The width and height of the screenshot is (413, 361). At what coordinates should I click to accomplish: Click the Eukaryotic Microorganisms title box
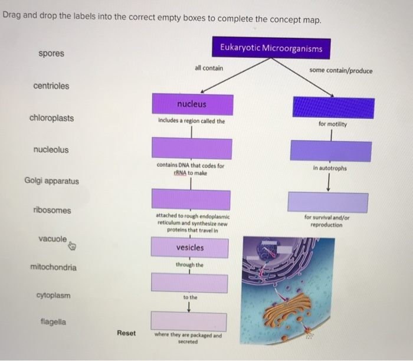[271, 48]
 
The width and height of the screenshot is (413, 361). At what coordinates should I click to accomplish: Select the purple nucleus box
[192, 104]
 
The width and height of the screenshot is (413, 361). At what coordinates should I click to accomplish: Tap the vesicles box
[189, 248]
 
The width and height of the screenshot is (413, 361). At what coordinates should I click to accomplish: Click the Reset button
[126, 333]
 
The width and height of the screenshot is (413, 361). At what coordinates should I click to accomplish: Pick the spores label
[51, 54]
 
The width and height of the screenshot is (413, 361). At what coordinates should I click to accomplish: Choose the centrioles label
[51, 86]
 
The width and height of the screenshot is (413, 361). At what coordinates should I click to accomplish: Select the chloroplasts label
[52, 118]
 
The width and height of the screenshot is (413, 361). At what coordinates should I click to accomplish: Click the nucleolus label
[51, 150]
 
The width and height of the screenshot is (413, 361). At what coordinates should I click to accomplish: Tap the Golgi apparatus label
[51, 181]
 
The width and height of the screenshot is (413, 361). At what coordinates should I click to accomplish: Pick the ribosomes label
[52, 211]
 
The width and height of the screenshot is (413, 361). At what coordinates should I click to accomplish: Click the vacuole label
[52, 239]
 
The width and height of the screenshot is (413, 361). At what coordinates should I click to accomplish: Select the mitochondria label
[53, 268]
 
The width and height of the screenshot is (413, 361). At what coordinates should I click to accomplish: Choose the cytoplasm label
[53, 295]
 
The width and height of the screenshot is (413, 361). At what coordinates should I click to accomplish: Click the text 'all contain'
[209, 68]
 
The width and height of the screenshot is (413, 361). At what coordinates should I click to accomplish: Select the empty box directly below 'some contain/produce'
[333, 108]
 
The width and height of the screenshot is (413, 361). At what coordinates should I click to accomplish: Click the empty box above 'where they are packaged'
[189, 321]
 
